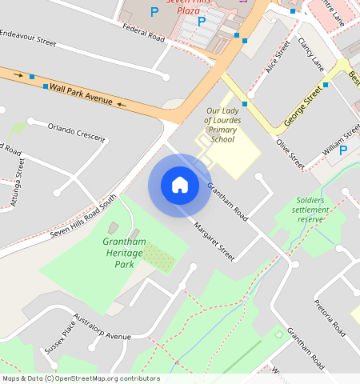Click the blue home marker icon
[x=180, y=185]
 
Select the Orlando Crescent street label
[x=77, y=132]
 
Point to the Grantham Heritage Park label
[x=122, y=253]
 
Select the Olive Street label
[x=290, y=154]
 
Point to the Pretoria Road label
[x=328, y=318]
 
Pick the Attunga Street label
[x=18, y=183]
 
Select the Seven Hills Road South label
[x=82, y=217]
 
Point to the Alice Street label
[x=277, y=58]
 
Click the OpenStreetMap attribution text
[x=81, y=378]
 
